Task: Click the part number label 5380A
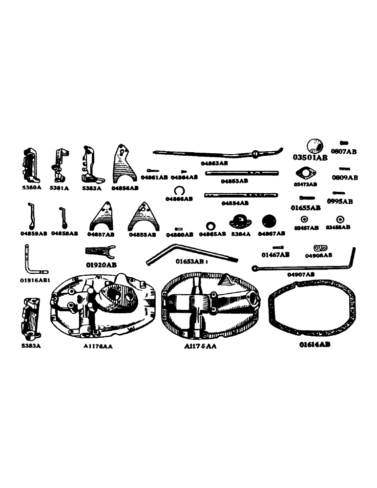click(x=31, y=187)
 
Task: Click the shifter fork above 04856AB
click(x=124, y=163)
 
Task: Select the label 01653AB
click(x=192, y=262)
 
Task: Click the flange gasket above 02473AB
click(x=306, y=174)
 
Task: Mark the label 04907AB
click(x=301, y=275)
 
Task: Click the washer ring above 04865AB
click(x=211, y=225)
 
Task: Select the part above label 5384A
click(x=240, y=221)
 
